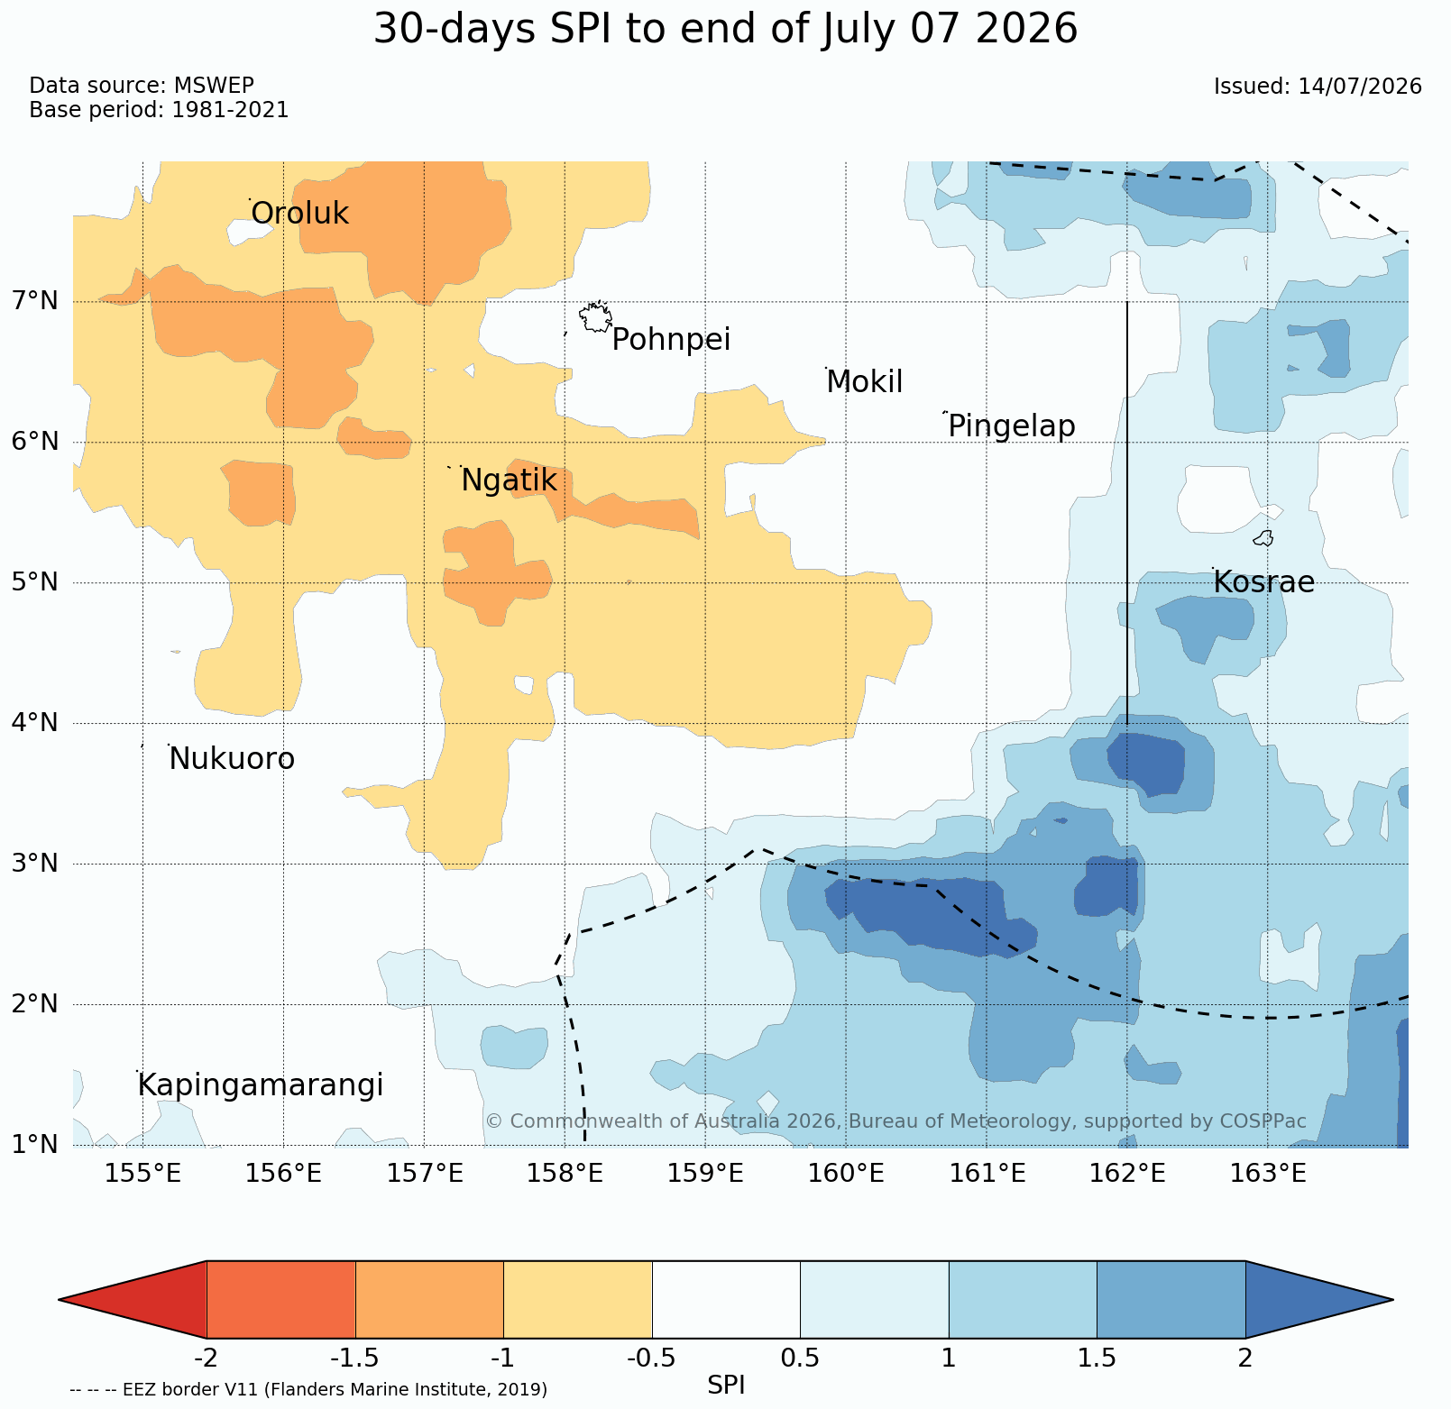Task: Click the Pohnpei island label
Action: (671, 340)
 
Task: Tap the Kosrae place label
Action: (1263, 582)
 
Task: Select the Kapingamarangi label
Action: (261, 1085)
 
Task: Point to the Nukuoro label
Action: (232, 759)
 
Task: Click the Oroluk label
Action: (299, 214)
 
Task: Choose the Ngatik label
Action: (509, 481)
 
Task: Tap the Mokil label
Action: (865, 382)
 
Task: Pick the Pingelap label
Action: (1012, 426)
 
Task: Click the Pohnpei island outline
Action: (596, 317)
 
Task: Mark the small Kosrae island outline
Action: (1263, 538)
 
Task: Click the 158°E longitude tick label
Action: (565, 1174)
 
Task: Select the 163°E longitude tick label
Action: (1268, 1174)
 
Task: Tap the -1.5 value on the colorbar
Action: (355, 1358)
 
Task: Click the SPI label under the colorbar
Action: (726, 1386)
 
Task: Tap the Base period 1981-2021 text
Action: (159, 111)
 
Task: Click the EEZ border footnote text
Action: (308, 1389)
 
